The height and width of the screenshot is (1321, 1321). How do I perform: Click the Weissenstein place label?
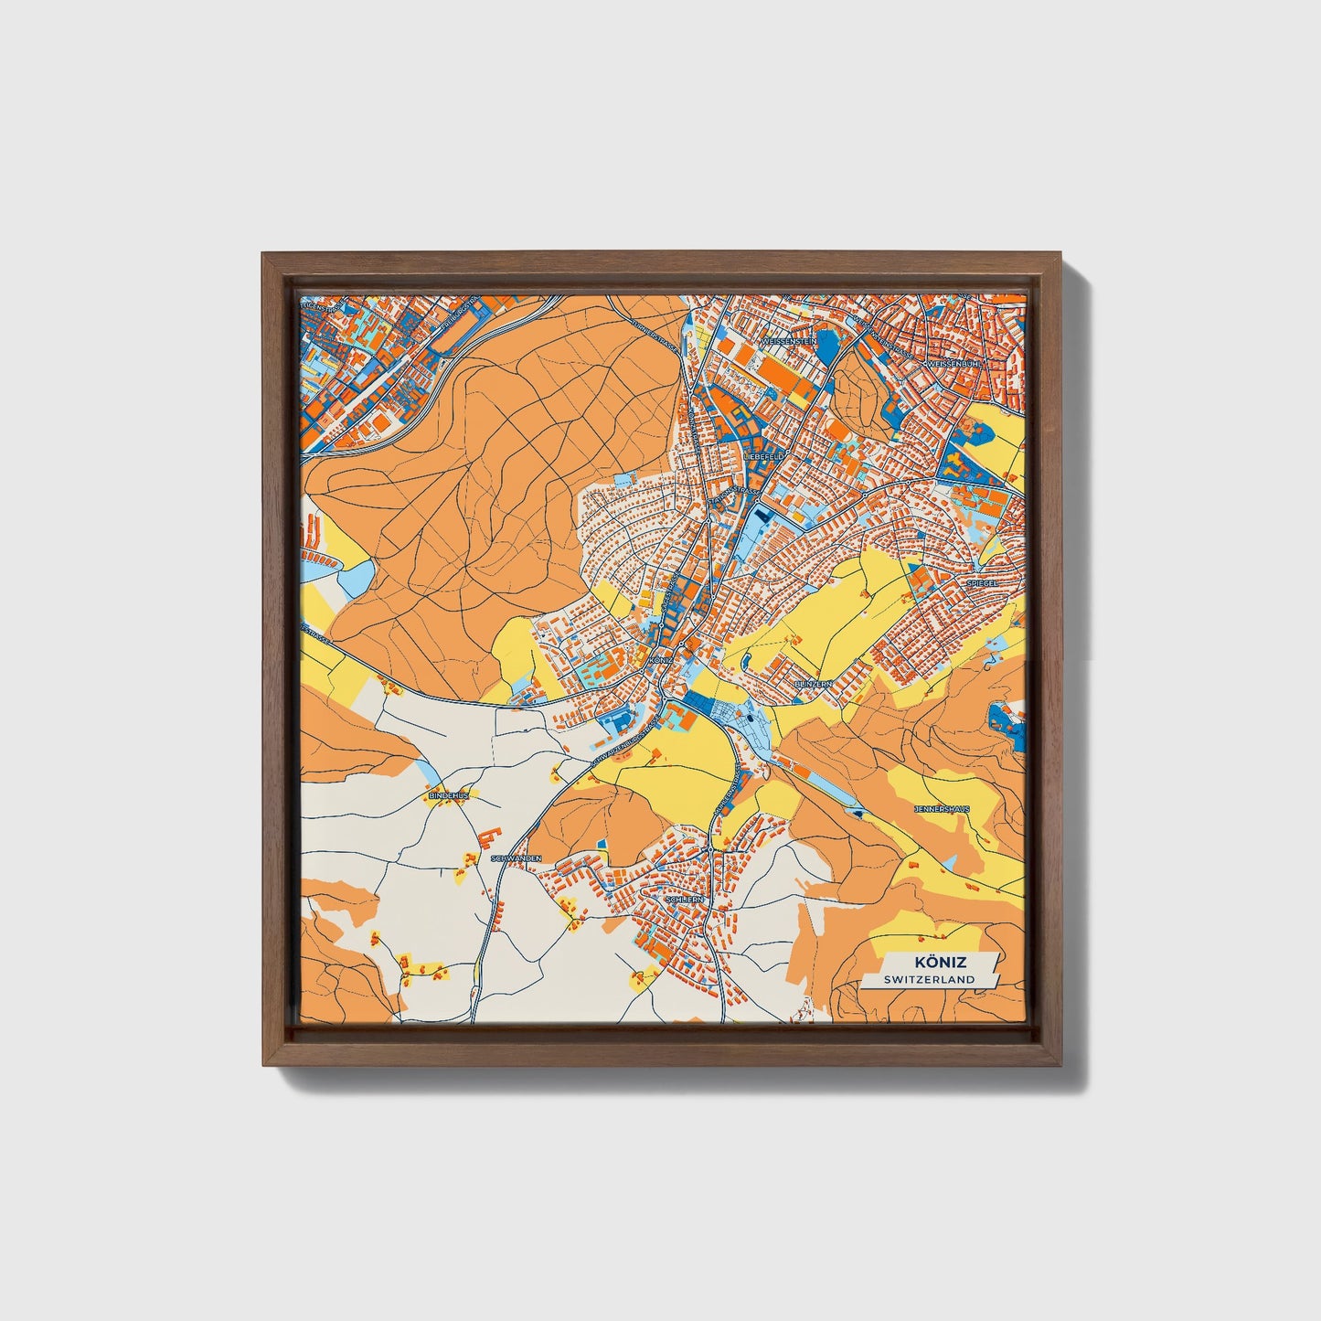[789, 340]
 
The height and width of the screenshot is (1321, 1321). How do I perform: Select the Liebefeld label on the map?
[763, 454]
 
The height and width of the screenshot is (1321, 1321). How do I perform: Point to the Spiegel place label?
[981, 581]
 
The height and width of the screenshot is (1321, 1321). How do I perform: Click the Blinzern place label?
[813, 683]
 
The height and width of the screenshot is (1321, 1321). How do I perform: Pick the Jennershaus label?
[941, 809]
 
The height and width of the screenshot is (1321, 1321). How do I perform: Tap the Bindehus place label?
[448, 795]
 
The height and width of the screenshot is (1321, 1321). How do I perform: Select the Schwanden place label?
[517, 858]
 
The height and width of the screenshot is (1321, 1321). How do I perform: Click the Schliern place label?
[686, 900]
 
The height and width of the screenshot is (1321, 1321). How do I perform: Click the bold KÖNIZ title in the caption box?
[940, 963]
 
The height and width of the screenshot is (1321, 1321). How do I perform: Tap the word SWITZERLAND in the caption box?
[929, 979]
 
